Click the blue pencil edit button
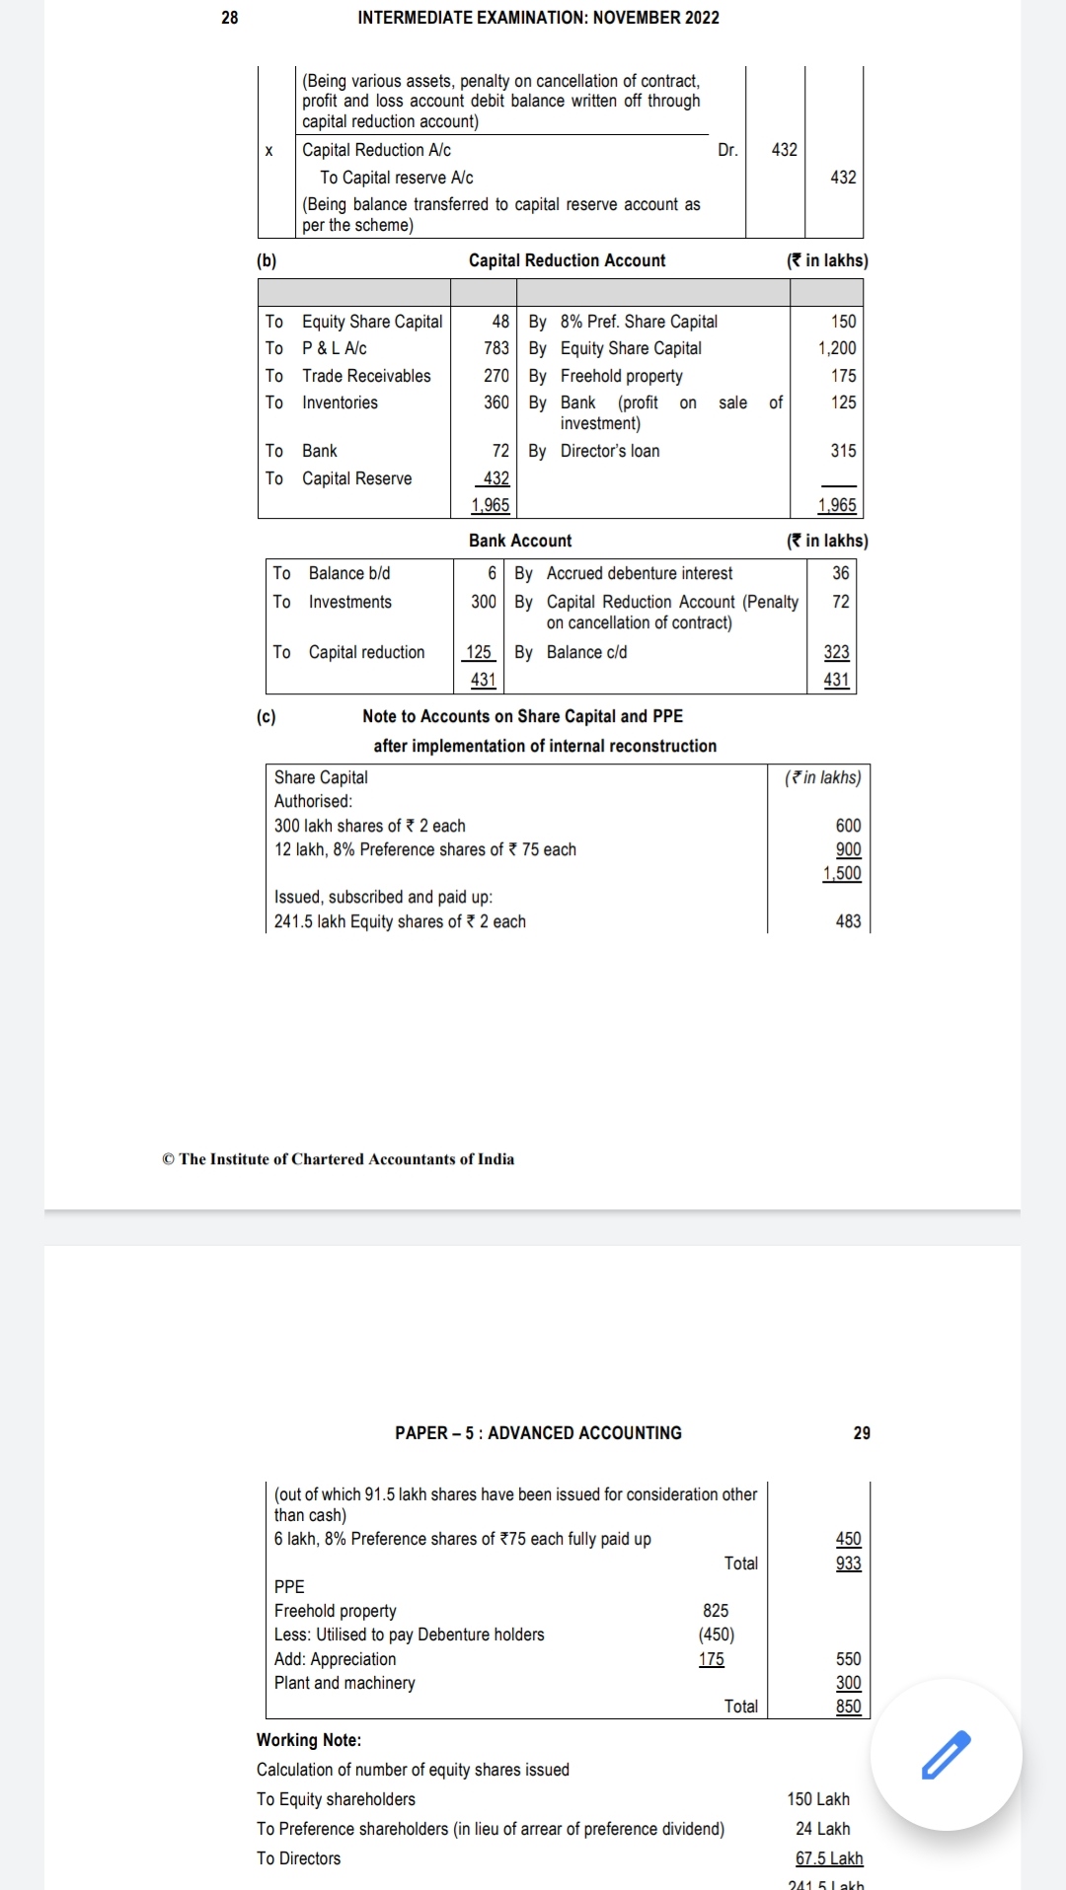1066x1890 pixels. coord(946,1754)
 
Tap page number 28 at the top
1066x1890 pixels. coord(229,18)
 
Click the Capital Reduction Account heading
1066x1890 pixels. coord(567,260)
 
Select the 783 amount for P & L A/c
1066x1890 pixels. coord(495,348)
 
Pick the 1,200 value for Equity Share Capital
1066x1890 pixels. coord(836,348)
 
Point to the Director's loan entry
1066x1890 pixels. coord(609,451)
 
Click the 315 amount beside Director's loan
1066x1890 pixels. coord(843,451)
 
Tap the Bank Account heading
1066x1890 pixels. coord(520,541)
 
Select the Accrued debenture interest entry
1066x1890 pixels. coord(639,573)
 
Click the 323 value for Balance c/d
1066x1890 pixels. coord(836,652)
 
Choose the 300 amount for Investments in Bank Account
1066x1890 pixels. coord(483,602)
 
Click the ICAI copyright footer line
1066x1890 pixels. coord(338,1159)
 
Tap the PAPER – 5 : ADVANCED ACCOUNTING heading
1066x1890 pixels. coord(538,1433)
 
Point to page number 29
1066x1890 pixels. coord(862,1433)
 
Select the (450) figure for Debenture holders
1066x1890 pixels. coord(716,1635)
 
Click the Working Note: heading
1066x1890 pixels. coord(309,1740)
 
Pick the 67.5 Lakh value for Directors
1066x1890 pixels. coord(829,1858)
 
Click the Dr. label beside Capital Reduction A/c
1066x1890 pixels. coord(727,150)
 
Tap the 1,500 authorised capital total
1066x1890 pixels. coord(842,873)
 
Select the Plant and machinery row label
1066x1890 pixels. coord(344,1683)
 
